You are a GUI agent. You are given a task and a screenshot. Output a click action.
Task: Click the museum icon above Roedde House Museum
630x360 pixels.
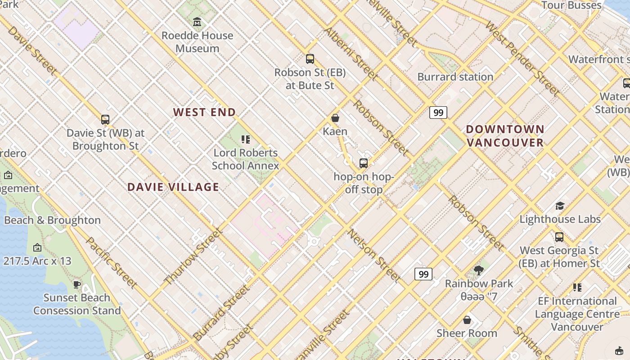pyautogui.click(x=197, y=22)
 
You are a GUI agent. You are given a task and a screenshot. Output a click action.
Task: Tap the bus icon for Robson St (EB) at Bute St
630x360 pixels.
pyautogui.click(x=310, y=58)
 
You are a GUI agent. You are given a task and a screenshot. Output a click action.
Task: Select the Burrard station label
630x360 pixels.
pyautogui.click(x=455, y=76)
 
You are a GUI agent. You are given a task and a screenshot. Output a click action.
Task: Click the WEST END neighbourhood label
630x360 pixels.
pyautogui.click(x=204, y=112)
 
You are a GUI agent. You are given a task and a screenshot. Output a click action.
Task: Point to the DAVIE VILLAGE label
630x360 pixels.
pyautogui.click(x=173, y=187)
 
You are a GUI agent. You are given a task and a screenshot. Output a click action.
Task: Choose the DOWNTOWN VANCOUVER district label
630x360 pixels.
pyautogui.click(x=505, y=136)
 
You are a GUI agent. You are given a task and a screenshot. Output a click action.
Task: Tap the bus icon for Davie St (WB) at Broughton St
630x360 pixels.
pyautogui.click(x=105, y=119)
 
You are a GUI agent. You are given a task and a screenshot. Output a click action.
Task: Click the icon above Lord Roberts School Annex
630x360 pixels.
pyautogui.click(x=245, y=139)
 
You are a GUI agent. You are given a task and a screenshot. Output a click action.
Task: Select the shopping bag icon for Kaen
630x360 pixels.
pyautogui.click(x=335, y=118)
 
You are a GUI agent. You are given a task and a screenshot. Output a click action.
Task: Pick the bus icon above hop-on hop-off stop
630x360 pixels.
pyautogui.click(x=363, y=163)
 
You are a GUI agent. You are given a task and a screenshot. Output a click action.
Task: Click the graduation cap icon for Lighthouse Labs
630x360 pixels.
pyautogui.click(x=560, y=206)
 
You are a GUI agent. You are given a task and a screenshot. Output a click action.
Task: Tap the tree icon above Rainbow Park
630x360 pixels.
pyautogui.click(x=478, y=270)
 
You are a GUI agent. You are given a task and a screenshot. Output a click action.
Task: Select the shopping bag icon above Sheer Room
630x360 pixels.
pyautogui.click(x=467, y=319)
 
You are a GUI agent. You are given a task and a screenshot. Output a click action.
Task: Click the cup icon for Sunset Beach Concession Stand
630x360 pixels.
pyautogui.click(x=77, y=284)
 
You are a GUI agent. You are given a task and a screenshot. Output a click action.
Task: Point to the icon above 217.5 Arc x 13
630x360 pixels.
pyautogui.click(x=37, y=247)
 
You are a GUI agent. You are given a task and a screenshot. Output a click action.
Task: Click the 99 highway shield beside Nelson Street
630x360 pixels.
pyautogui.click(x=423, y=274)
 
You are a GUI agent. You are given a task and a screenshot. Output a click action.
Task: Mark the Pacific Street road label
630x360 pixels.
pyautogui.click(x=111, y=262)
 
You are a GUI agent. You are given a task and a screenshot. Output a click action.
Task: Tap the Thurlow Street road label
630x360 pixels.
pyautogui.click(x=193, y=256)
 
